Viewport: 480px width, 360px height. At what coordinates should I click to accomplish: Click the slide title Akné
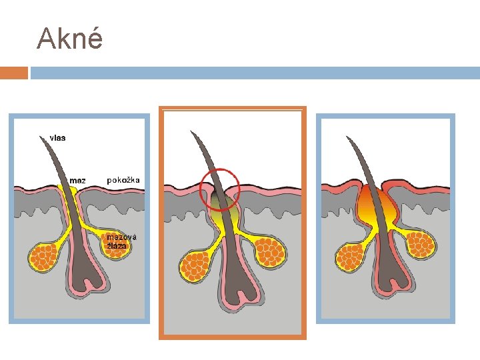click(x=70, y=39)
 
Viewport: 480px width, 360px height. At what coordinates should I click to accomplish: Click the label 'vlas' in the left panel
click(x=58, y=138)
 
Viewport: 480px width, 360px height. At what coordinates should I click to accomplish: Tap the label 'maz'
click(x=78, y=180)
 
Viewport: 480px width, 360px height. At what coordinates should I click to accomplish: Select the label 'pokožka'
click(x=123, y=180)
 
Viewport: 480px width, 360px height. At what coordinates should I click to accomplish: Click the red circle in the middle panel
click(x=219, y=188)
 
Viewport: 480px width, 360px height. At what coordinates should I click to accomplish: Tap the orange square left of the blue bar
click(x=13, y=73)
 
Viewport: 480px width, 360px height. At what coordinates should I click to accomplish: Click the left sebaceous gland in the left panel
click(x=43, y=257)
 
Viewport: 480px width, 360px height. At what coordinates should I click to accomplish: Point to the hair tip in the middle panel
click(x=192, y=132)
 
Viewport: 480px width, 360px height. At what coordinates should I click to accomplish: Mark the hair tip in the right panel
click(x=347, y=138)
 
